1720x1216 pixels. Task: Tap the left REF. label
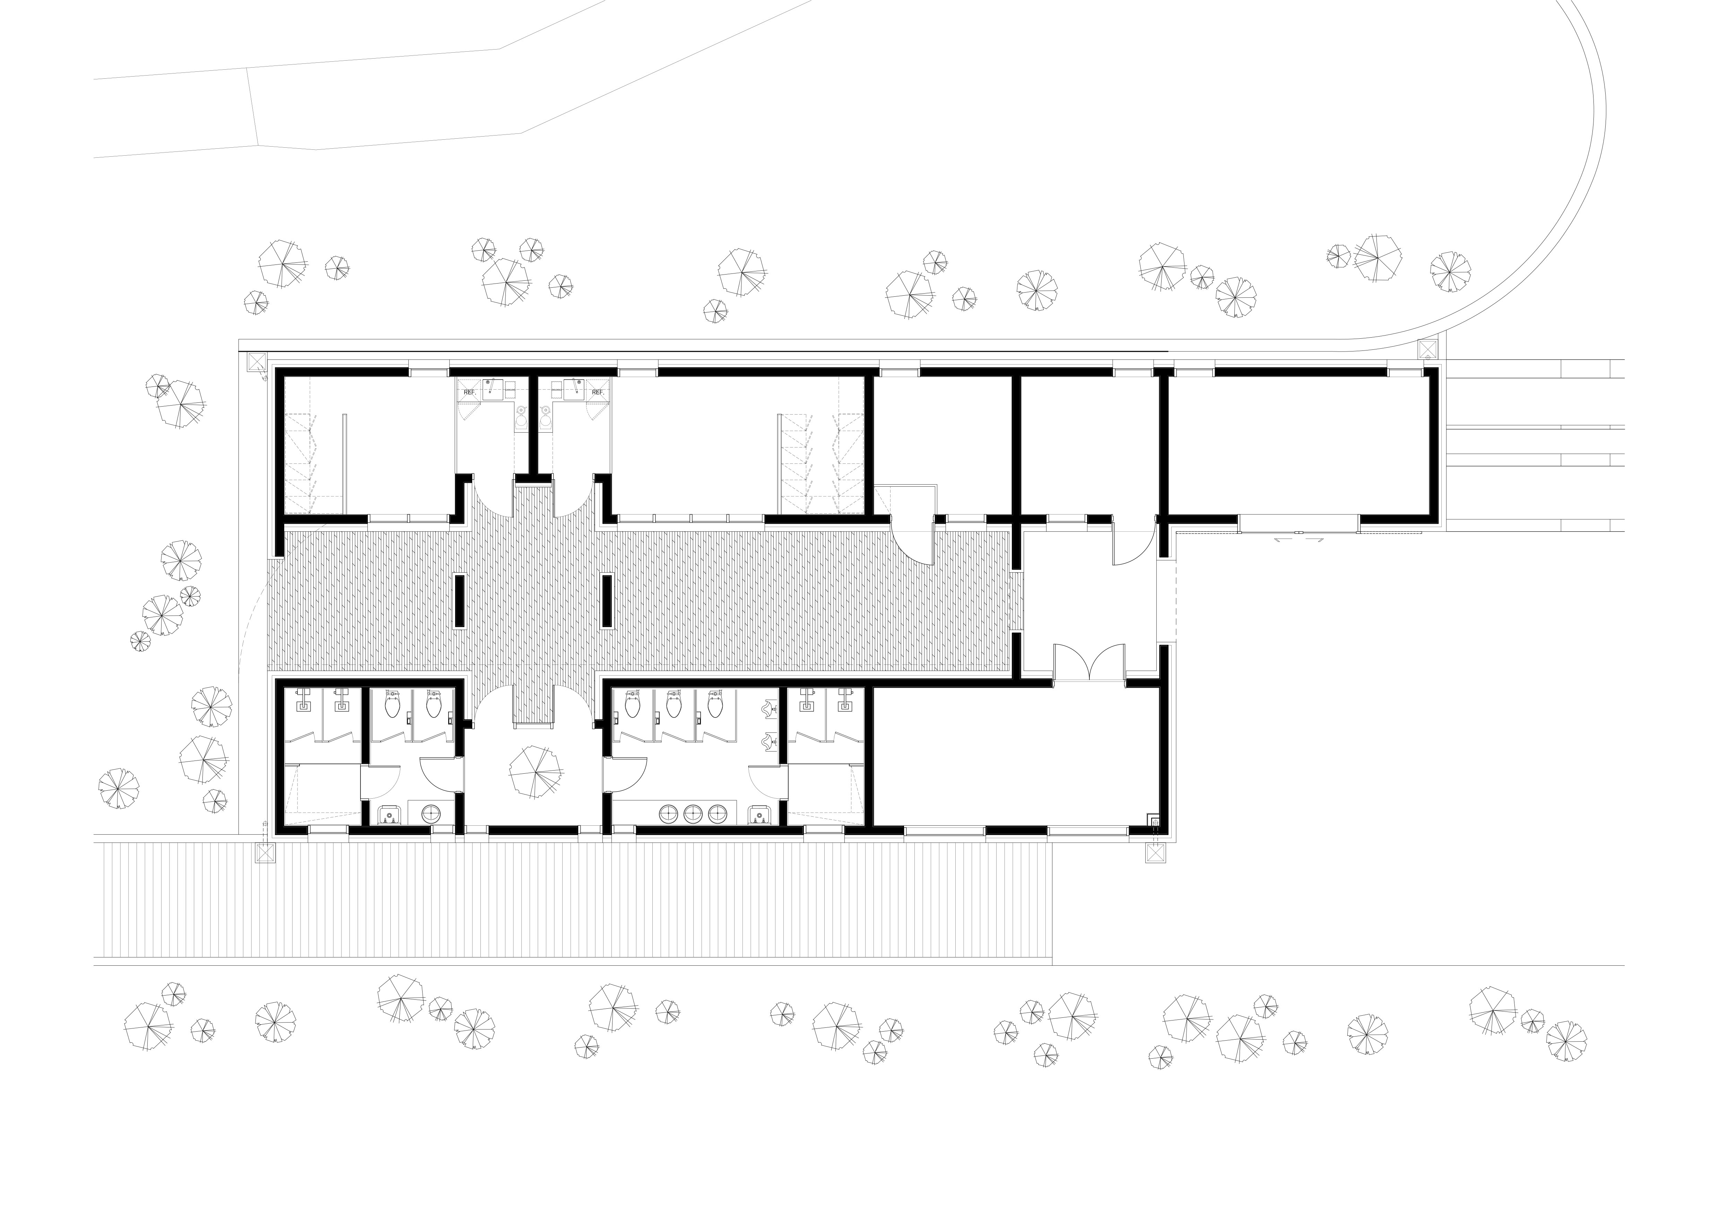[470, 392]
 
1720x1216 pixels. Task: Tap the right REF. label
[598, 392]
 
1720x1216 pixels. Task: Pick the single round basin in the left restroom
[432, 814]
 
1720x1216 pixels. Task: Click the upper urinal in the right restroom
[768, 708]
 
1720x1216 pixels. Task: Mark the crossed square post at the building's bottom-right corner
[1156, 853]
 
